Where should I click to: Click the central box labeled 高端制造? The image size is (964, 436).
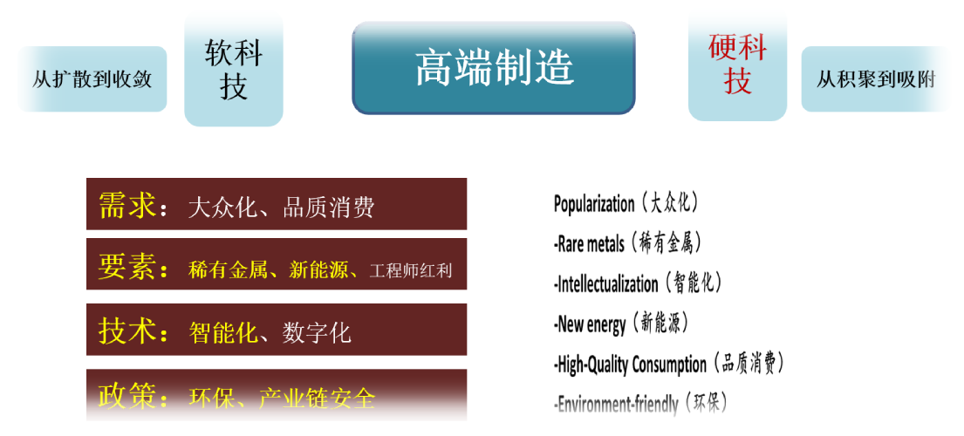coord(493,68)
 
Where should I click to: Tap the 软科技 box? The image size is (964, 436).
coord(234,70)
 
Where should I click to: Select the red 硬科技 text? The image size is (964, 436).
coord(738,64)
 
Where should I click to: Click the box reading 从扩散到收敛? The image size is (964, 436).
coord(92,79)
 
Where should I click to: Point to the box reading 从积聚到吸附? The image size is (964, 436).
coord(876,79)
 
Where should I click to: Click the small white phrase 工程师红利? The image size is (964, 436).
coord(411,271)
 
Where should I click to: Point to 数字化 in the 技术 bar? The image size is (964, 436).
coord(317,333)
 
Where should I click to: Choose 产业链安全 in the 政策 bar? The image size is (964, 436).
coord(317,399)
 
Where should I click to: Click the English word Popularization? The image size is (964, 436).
coord(594,204)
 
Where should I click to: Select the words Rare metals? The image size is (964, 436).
coord(590,244)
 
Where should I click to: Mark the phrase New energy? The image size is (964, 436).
coord(591,324)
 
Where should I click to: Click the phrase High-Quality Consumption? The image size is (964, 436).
coord(632,364)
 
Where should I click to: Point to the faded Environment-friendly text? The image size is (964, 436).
coord(618,405)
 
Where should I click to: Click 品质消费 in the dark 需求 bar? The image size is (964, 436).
coord(328,208)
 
